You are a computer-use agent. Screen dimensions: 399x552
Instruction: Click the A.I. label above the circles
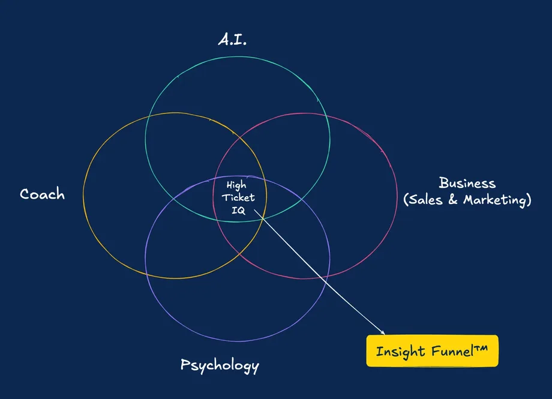232,40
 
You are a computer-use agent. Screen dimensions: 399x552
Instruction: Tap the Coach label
42,194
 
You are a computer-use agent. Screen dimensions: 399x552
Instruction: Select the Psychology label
220,365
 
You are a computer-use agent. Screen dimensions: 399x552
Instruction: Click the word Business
467,183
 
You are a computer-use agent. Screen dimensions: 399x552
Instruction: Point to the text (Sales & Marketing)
467,200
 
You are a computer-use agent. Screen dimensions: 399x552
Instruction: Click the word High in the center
236,185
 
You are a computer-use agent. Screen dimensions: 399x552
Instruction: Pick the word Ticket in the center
238,197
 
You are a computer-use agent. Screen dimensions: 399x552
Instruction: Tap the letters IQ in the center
238,210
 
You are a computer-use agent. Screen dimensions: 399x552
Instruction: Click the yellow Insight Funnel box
432,350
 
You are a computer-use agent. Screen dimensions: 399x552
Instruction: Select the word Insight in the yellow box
400,351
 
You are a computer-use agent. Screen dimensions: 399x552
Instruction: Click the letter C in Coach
25,194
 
